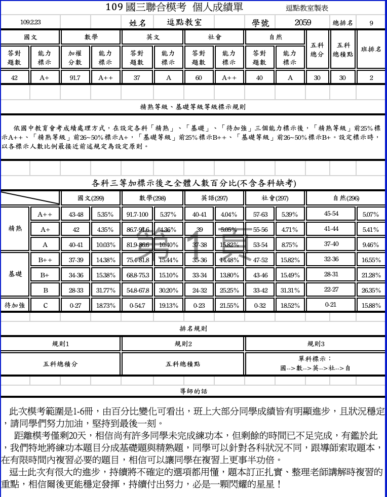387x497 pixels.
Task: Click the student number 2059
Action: point(302,22)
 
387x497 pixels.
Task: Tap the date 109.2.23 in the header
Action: point(30,22)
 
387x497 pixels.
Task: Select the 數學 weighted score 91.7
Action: point(75,77)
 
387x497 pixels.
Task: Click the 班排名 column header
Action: point(371,49)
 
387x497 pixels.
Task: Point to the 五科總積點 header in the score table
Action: point(343,49)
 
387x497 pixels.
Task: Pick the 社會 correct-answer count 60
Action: point(199,77)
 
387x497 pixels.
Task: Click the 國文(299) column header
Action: point(91,198)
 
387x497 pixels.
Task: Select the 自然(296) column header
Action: point(345,198)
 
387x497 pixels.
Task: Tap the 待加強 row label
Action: point(15,305)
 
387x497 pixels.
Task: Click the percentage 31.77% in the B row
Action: point(106,291)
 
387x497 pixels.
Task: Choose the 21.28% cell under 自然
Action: point(371,275)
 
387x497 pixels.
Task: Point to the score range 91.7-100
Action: point(137,215)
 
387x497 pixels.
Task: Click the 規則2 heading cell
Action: point(183,344)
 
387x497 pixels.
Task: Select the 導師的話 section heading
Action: point(193,391)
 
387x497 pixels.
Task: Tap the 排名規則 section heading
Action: point(193,328)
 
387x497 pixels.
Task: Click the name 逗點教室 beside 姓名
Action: point(184,22)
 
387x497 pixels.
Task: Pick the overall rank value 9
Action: point(371,23)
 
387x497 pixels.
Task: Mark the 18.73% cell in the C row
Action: point(106,306)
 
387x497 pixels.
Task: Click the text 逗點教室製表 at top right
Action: point(307,8)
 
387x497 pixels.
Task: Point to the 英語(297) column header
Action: point(214,198)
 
